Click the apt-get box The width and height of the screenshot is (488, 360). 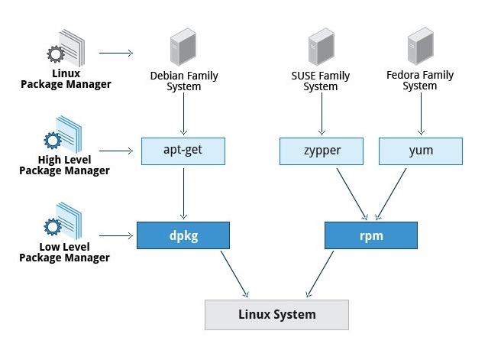tap(183, 151)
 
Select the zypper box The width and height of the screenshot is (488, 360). tap(321, 151)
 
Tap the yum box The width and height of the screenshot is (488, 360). tap(420, 151)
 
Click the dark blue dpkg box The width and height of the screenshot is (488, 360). tap(183, 235)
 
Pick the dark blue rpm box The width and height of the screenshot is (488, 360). tap(371, 235)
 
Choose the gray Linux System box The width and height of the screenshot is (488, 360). tap(276, 314)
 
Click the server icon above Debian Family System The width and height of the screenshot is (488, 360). tap(183, 47)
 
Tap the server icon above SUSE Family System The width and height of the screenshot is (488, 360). tap(321, 47)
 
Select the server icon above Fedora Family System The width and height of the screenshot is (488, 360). tap(420, 47)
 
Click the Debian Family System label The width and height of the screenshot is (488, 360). tap(183, 81)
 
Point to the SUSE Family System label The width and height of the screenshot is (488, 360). tap(321, 81)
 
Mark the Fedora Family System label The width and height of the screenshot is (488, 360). tap(420, 81)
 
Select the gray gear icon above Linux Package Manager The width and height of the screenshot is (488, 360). tap(55, 54)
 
